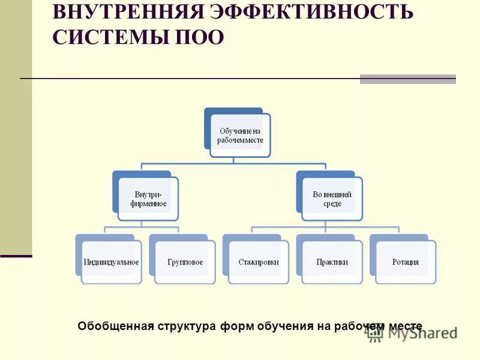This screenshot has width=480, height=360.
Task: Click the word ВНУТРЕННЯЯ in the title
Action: (x=127, y=11)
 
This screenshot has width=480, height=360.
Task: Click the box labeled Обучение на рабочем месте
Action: (x=240, y=136)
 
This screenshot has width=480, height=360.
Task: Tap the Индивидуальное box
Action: (x=112, y=262)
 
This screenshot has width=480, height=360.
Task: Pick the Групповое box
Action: (x=185, y=262)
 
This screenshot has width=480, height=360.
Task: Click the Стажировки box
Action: (x=259, y=262)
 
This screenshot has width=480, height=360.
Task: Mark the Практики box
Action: (x=332, y=262)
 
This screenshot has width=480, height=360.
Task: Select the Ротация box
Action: (x=406, y=262)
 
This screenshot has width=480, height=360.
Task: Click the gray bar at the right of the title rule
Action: (x=407, y=79)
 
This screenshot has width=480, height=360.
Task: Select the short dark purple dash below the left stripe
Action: (x=16, y=256)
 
